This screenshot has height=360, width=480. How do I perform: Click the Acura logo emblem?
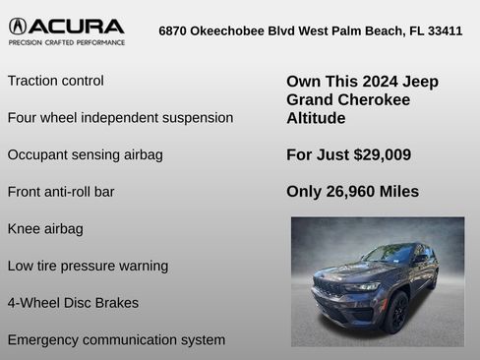[x=21, y=27]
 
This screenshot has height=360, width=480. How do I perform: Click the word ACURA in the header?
[x=80, y=27]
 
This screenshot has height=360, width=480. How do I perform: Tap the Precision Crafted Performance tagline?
[x=67, y=43]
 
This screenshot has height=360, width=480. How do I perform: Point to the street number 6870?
[x=175, y=30]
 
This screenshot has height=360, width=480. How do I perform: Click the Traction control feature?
[x=55, y=81]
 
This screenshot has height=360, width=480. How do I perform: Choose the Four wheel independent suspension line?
[x=120, y=118]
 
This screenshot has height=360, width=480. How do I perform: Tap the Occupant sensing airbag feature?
[x=85, y=154]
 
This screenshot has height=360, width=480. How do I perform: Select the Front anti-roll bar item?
[x=61, y=192]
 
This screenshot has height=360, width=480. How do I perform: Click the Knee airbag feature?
[x=45, y=229]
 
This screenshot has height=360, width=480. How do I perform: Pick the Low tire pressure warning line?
[x=88, y=266]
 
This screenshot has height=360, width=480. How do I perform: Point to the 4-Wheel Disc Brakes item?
[x=73, y=303]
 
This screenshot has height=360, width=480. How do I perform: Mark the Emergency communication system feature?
[x=116, y=340]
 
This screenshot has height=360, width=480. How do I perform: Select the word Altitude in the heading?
[x=316, y=118]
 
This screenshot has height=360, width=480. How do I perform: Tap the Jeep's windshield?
[x=388, y=255]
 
